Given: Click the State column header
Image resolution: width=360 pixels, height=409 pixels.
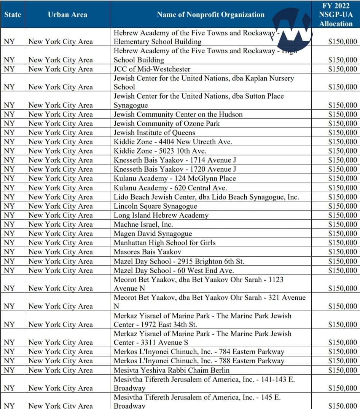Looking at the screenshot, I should [13, 15].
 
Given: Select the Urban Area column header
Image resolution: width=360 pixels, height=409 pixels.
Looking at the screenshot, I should [67, 15].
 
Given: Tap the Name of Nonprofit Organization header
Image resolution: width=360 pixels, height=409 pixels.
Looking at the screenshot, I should [210, 15].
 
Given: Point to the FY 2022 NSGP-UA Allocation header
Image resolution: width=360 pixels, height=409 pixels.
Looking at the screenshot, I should [336, 14].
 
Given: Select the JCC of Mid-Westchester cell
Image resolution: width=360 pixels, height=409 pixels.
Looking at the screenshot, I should [152, 69].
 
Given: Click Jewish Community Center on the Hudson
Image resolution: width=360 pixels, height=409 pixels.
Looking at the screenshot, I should [178, 114].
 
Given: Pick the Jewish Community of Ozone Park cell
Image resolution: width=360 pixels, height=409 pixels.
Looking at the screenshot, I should [167, 123].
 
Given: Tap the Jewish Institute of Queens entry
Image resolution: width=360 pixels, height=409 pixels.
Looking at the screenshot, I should [155, 133].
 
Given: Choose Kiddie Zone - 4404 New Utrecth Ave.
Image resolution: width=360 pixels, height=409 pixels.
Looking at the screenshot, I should [173, 142].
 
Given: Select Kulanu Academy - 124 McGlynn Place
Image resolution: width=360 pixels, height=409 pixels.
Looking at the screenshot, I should [175, 178].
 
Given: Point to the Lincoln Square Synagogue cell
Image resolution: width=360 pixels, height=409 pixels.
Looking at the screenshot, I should [155, 206].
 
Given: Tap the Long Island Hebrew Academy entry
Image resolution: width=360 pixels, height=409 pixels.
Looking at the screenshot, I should [161, 215].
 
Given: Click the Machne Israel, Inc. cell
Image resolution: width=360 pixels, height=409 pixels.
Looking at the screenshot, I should [143, 224].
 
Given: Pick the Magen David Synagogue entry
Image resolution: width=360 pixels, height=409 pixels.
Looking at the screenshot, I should [153, 233].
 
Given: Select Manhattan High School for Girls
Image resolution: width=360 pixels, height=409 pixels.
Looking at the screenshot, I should [164, 243].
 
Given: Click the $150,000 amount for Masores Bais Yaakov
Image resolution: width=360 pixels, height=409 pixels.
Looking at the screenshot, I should [342, 252].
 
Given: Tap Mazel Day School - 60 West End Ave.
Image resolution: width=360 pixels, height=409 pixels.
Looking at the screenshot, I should [174, 270].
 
